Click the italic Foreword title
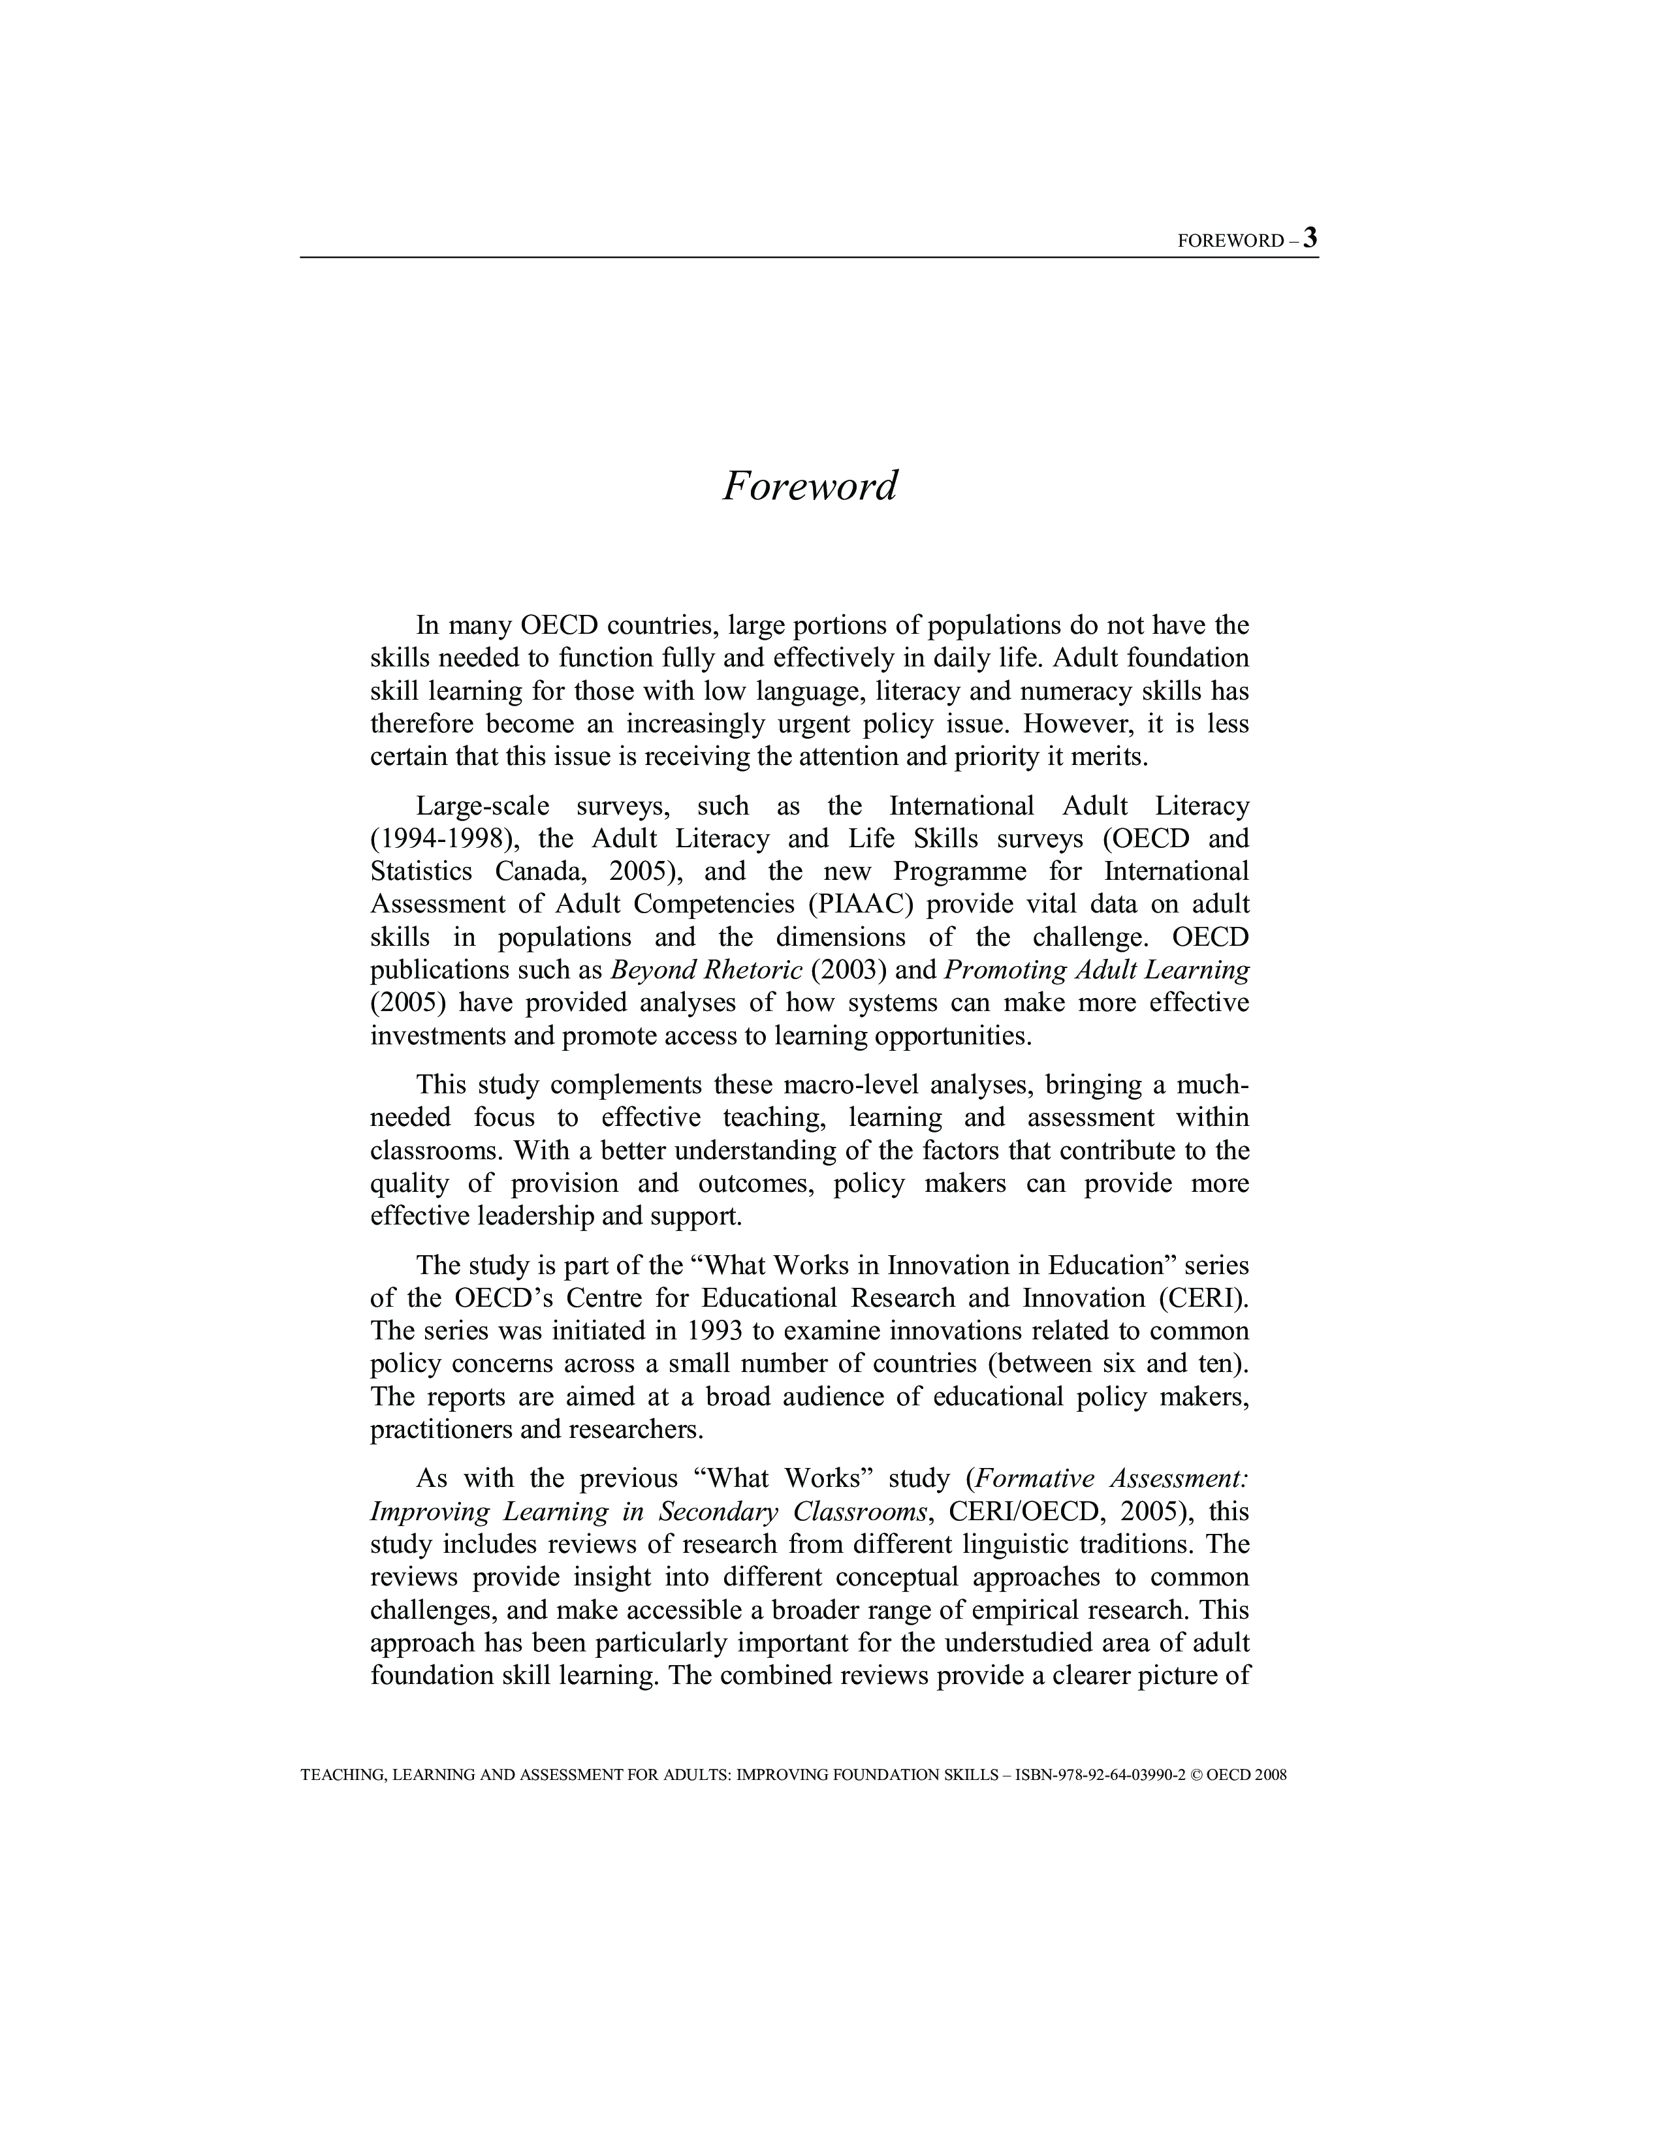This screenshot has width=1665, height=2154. tap(809, 486)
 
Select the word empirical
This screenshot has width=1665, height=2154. tap(1026, 1610)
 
